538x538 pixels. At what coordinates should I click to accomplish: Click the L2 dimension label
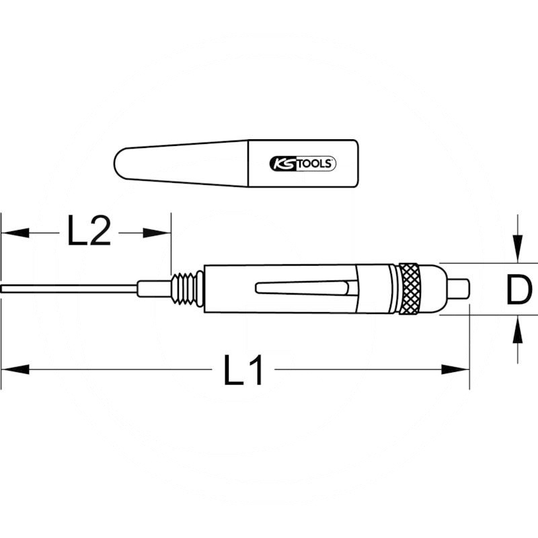89,232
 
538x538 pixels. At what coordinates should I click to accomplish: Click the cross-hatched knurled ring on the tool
410,289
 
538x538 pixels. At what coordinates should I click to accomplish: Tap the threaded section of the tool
188,289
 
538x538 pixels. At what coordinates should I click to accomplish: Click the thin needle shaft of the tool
67,289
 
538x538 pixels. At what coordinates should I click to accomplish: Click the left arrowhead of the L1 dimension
13,369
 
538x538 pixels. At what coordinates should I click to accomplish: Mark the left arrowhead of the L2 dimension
13,232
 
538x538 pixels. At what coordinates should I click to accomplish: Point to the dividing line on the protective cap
249,163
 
